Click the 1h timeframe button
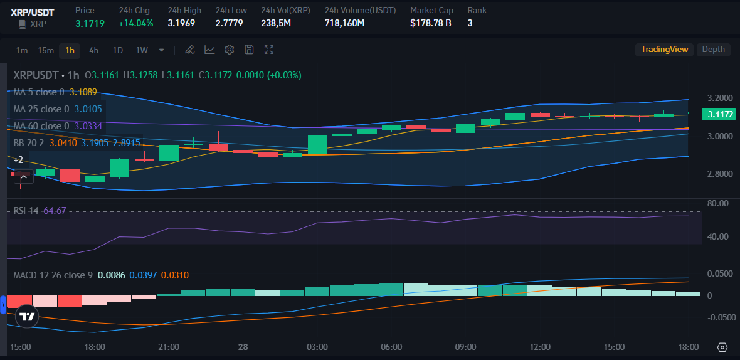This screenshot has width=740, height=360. point(70,50)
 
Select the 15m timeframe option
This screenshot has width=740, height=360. point(46,50)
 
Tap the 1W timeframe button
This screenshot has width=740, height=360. point(142,50)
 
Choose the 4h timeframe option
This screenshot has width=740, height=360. point(93,50)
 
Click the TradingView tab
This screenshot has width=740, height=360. point(664,50)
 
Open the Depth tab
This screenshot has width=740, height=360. point(713,50)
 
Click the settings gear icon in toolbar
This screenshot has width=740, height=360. point(230,50)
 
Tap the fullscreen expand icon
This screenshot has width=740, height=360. point(269,50)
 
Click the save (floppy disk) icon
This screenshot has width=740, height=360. point(249,50)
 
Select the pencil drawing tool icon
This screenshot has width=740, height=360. point(189,50)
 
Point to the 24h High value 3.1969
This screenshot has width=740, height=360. point(181,23)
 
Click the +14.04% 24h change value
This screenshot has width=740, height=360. point(135,23)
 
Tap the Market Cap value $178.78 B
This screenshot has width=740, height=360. point(431,23)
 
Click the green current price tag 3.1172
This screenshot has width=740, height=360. point(720,114)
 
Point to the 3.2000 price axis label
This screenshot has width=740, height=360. point(719,98)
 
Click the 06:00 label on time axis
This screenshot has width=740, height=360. point(391,347)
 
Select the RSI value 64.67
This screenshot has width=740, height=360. point(55,210)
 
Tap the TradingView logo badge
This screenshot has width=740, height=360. point(26,317)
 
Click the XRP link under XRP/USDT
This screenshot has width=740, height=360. point(39,24)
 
